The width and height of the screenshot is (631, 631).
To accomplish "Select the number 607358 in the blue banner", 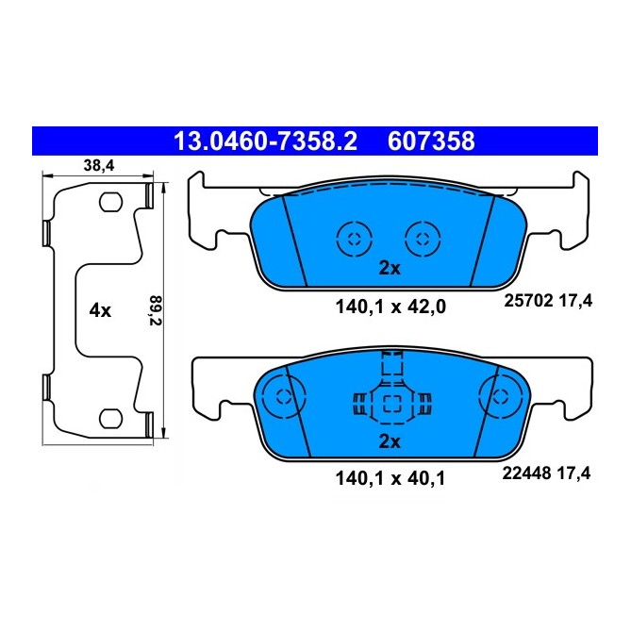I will pyautogui.click(x=430, y=141).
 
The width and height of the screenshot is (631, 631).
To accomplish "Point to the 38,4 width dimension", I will pyautogui.click(x=99, y=165).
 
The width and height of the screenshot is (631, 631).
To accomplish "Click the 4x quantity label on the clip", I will pyautogui.click(x=100, y=309).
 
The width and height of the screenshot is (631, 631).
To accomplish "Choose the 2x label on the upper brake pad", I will pyautogui.click(x=390, y=268).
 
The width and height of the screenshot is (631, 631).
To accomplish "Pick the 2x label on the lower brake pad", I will pyautogui.click(x=390, y=441).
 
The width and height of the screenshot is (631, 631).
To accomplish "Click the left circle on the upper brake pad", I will pyautogui.click(x=352, y=237).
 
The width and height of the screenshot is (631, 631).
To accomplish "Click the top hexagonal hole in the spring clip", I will pyautogui.click(x=110, y=202).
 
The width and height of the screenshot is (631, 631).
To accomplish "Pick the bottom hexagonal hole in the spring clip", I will pyautogui.click(x=110, y=416).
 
